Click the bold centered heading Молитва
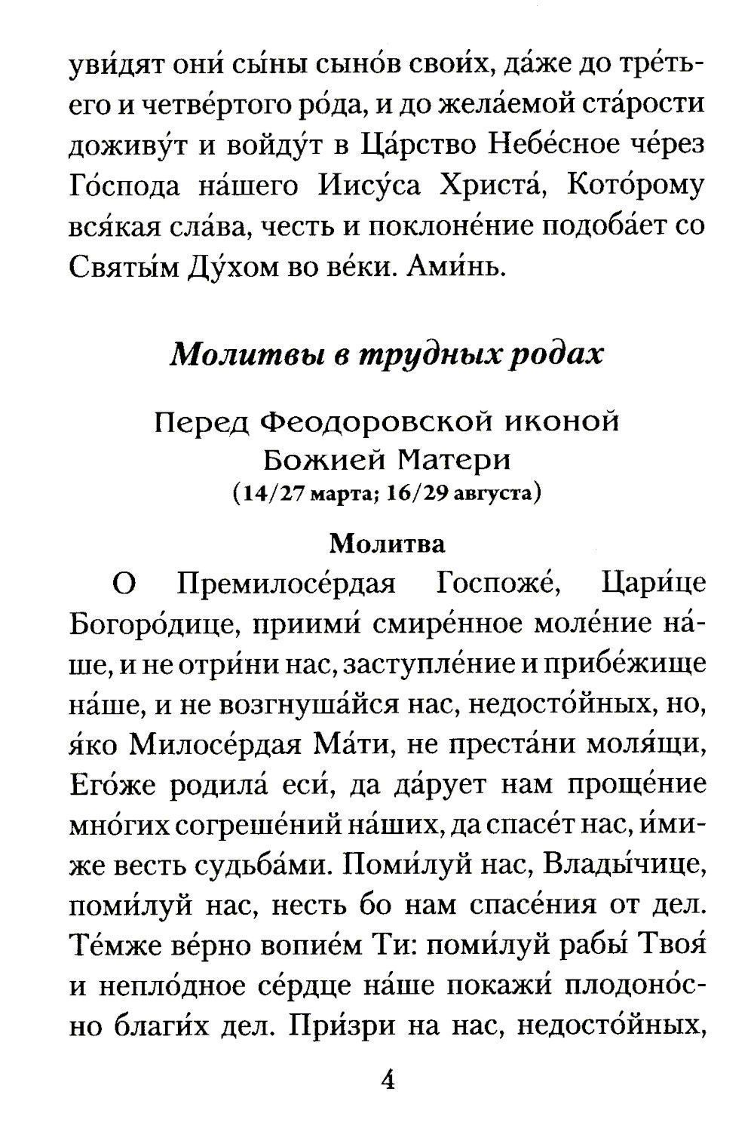coord(388,542)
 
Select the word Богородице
coord(150,625)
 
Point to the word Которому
coord(634,186)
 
